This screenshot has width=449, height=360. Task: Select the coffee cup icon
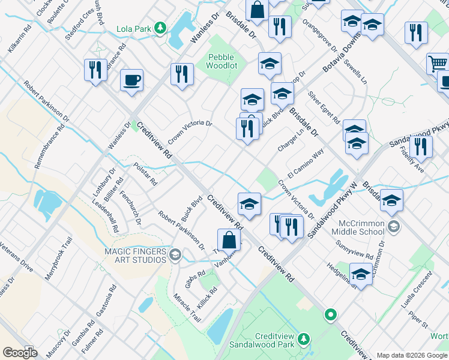coord(131,80)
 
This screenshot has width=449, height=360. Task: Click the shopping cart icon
coord(438,64)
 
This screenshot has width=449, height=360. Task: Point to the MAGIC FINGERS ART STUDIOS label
coord(135,256)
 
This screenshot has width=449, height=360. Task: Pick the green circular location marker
coord(330,314)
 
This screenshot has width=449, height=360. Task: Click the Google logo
coord(20,352)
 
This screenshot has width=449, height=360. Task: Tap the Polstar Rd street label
coord(145,174)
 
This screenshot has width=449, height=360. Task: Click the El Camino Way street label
coord(305,163)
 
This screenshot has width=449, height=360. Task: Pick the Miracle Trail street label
coord(187,308)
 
